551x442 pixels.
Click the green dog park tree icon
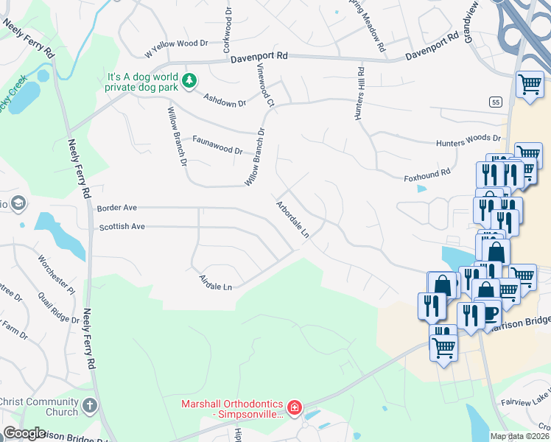click(x=189, y=80)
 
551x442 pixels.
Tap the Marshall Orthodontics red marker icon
click(x=294, y=407)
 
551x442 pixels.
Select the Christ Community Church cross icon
click(x=89, y=406)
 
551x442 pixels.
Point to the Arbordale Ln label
click(x=292, y=219)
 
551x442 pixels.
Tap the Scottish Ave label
click(x=122, y=227)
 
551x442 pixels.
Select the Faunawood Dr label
click(x=217, y=144)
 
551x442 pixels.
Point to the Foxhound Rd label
click(x=427, y=175)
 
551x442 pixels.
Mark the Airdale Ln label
click(x=216, y=282)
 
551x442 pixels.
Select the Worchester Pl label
click(x=57, y=274)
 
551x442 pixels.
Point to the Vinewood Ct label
click(x=265, y=85)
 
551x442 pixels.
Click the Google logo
click(x=24, y=433)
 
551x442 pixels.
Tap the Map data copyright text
click(x=520, y=436)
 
